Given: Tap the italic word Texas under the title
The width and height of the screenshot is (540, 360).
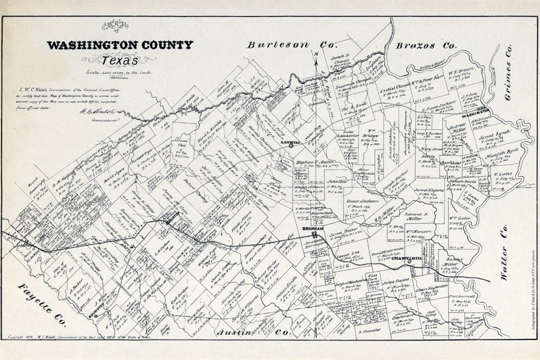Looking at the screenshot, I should (119, 60).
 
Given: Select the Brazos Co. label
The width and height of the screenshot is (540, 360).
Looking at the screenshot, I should (426, 45).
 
